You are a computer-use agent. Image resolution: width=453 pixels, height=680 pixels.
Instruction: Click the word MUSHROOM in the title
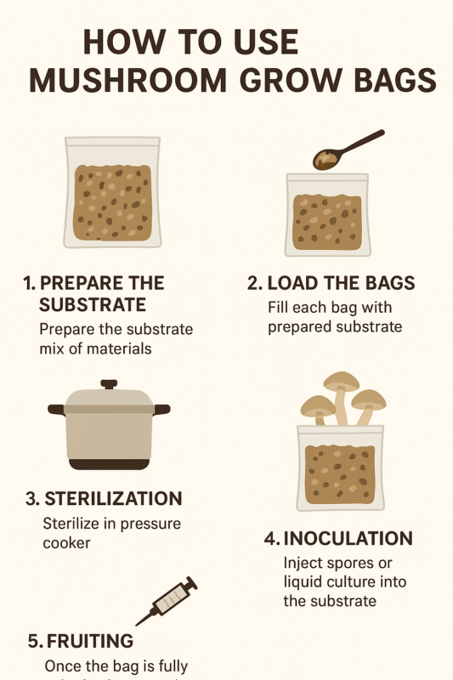coord(129,80)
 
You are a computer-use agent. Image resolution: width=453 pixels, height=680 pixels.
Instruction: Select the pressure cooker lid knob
coord(109,384)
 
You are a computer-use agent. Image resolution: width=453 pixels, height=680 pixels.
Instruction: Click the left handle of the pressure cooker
coord(56,410)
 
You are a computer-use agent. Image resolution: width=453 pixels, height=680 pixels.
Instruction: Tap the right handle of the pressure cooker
coord(161,410)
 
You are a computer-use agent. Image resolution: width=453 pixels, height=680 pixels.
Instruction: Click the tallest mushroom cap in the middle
coord(341,381)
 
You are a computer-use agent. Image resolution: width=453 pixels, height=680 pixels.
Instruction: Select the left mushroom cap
coord(317,405)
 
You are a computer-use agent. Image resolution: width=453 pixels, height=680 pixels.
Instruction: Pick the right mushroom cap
coord(369,399)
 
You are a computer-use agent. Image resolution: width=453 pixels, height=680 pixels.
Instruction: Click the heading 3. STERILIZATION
coord(103,499)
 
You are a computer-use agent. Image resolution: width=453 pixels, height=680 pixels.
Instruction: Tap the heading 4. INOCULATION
coord(338,539)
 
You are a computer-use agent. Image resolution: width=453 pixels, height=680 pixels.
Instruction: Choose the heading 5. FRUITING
coord(79,640)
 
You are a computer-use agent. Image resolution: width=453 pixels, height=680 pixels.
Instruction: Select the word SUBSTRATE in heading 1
coord(93,305)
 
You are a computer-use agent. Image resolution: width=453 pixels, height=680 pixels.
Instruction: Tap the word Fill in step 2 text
coord(280,308)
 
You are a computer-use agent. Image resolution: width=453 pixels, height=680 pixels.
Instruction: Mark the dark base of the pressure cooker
coord(109,464)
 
